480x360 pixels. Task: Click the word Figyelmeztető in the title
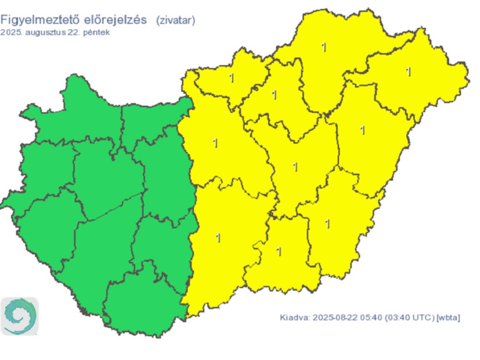(x=40, y=20)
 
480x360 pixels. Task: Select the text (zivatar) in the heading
(x=175, y=20)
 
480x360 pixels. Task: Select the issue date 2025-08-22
(x=333, y=318)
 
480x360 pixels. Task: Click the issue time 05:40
(x=369, y=318)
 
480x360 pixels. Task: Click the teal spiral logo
(x=20, y=316)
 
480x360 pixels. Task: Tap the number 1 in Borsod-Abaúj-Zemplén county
(x=323, y=47)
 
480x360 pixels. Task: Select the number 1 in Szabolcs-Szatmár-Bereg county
(x=408, y=72)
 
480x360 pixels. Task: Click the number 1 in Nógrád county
(x=232, y=78)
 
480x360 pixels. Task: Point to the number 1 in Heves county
(x=275, y=94)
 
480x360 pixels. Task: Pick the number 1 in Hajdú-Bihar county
(x=363, y=130)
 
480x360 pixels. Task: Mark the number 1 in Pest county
(x=215, y=142)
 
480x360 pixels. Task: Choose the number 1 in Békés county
(x=328, y=223)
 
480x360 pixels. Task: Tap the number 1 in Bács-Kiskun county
(x=218, y=237)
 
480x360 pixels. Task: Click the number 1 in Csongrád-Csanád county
(x=279, y=251)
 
